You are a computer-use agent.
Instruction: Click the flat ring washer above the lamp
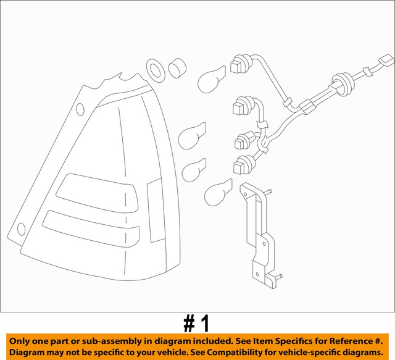coord(156,70)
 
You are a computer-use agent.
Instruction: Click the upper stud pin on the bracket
coord(270,193)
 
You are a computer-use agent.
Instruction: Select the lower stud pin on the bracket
coord(278,276)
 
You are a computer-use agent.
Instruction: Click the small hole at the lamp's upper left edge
coord(80,110)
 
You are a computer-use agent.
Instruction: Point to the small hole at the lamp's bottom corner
coord(22,230)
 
